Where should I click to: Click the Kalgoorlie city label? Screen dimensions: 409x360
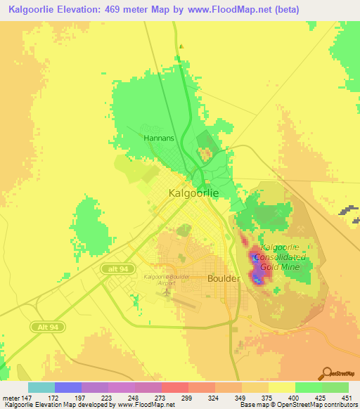(193, 192)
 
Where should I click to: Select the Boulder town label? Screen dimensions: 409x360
(224, 278)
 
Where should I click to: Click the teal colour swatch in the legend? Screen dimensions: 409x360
(41, 387)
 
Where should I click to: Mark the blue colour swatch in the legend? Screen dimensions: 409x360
(68, 387)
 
